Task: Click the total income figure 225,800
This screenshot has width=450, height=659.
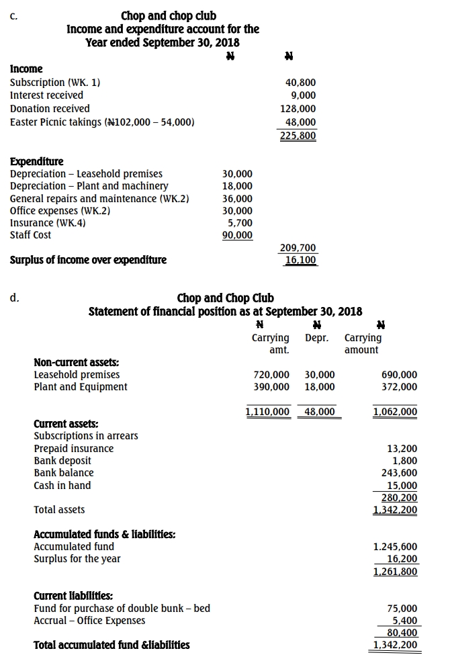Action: [x=298, y=135]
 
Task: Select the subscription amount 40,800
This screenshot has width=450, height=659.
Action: [x=300, y=83]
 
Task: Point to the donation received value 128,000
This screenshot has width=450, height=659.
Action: [x=298, y=109]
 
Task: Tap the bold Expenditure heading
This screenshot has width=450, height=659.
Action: [x=37, y=161]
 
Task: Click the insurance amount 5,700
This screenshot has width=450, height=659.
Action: [x=240, y=222]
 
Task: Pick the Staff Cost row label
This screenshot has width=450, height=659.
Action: [x=30, y=235]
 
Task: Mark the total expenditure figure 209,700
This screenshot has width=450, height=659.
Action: [x=298, y=249]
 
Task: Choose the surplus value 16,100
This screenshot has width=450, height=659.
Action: [x=300, y=260]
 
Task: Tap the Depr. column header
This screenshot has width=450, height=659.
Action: [x=317, y=338]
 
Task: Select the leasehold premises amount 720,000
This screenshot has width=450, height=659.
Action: [x=271, y=375]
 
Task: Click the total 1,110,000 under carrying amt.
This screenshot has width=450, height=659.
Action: [x=267, y=411]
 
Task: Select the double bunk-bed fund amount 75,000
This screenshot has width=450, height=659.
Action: [x=402, y=608]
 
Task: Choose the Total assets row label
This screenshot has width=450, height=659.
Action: [x=59, y=510]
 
